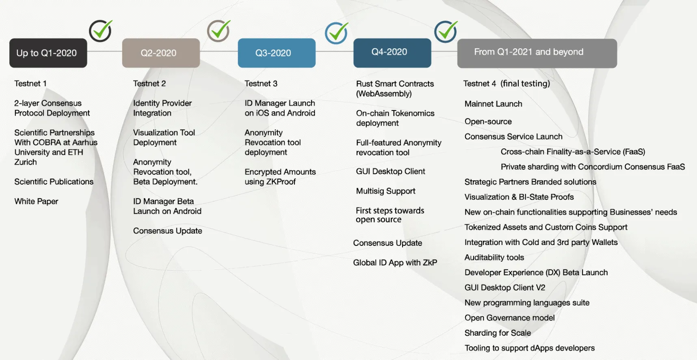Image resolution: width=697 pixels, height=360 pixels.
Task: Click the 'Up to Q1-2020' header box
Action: (48, 53)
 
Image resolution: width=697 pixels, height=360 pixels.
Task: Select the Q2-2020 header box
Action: (161, 53)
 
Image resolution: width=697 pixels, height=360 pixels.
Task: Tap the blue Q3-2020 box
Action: (277, 53)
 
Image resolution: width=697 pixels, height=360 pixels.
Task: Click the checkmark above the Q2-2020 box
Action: (219, 31)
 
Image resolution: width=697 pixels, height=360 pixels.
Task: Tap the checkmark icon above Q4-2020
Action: (446, 31)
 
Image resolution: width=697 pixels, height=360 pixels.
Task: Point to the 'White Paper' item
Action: (37, 201)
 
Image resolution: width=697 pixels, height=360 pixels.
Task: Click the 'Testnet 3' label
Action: (261, 83)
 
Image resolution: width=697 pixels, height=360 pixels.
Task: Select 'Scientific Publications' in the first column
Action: (54, 182)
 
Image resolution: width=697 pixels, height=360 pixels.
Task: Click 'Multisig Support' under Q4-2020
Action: (385, 191)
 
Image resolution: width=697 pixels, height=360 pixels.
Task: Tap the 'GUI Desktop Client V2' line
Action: (505, 288)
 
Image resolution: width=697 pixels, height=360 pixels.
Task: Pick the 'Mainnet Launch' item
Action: (494, 104)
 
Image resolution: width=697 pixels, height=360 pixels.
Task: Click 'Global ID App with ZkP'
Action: (395, 262)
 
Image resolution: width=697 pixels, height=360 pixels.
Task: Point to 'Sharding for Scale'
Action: (498, 333)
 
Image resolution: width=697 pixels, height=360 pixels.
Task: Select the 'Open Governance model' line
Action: (510, 318)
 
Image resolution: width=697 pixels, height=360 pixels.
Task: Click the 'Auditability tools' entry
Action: (494, 257)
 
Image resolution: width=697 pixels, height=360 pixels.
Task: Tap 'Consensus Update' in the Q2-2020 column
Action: (168, 231)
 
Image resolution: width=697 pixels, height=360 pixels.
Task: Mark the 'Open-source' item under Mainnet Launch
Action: (488, 121)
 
